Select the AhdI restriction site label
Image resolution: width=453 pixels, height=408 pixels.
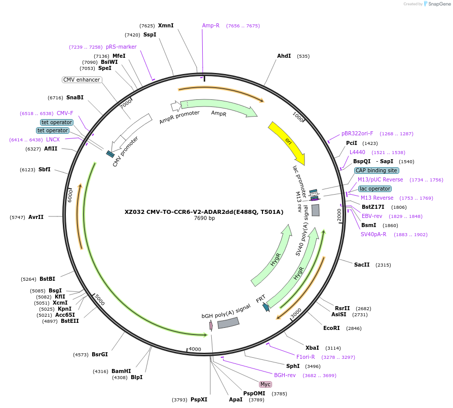284,56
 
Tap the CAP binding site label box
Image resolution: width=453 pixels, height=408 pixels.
376,170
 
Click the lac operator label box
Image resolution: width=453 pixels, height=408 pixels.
374,189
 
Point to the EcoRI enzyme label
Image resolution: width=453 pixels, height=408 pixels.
331,328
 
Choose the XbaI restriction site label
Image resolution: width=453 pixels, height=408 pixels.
312,348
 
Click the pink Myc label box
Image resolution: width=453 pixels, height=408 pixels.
266,384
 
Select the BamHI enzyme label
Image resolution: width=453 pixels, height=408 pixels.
121,371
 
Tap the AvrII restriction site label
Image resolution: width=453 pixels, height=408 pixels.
36,217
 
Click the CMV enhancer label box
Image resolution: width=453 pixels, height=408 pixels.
82,80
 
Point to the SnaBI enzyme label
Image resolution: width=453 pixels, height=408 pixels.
75,97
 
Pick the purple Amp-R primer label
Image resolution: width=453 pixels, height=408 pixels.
211,25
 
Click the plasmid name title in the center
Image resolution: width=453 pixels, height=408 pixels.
204,212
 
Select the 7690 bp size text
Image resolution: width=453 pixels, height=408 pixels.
204,218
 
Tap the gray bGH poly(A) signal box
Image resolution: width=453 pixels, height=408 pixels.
228,322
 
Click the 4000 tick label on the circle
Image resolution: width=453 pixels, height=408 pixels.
195,349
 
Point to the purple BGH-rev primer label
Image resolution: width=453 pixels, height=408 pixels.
285,375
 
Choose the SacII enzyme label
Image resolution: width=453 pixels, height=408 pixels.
362,265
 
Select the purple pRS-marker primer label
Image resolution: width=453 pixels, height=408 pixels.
121,47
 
